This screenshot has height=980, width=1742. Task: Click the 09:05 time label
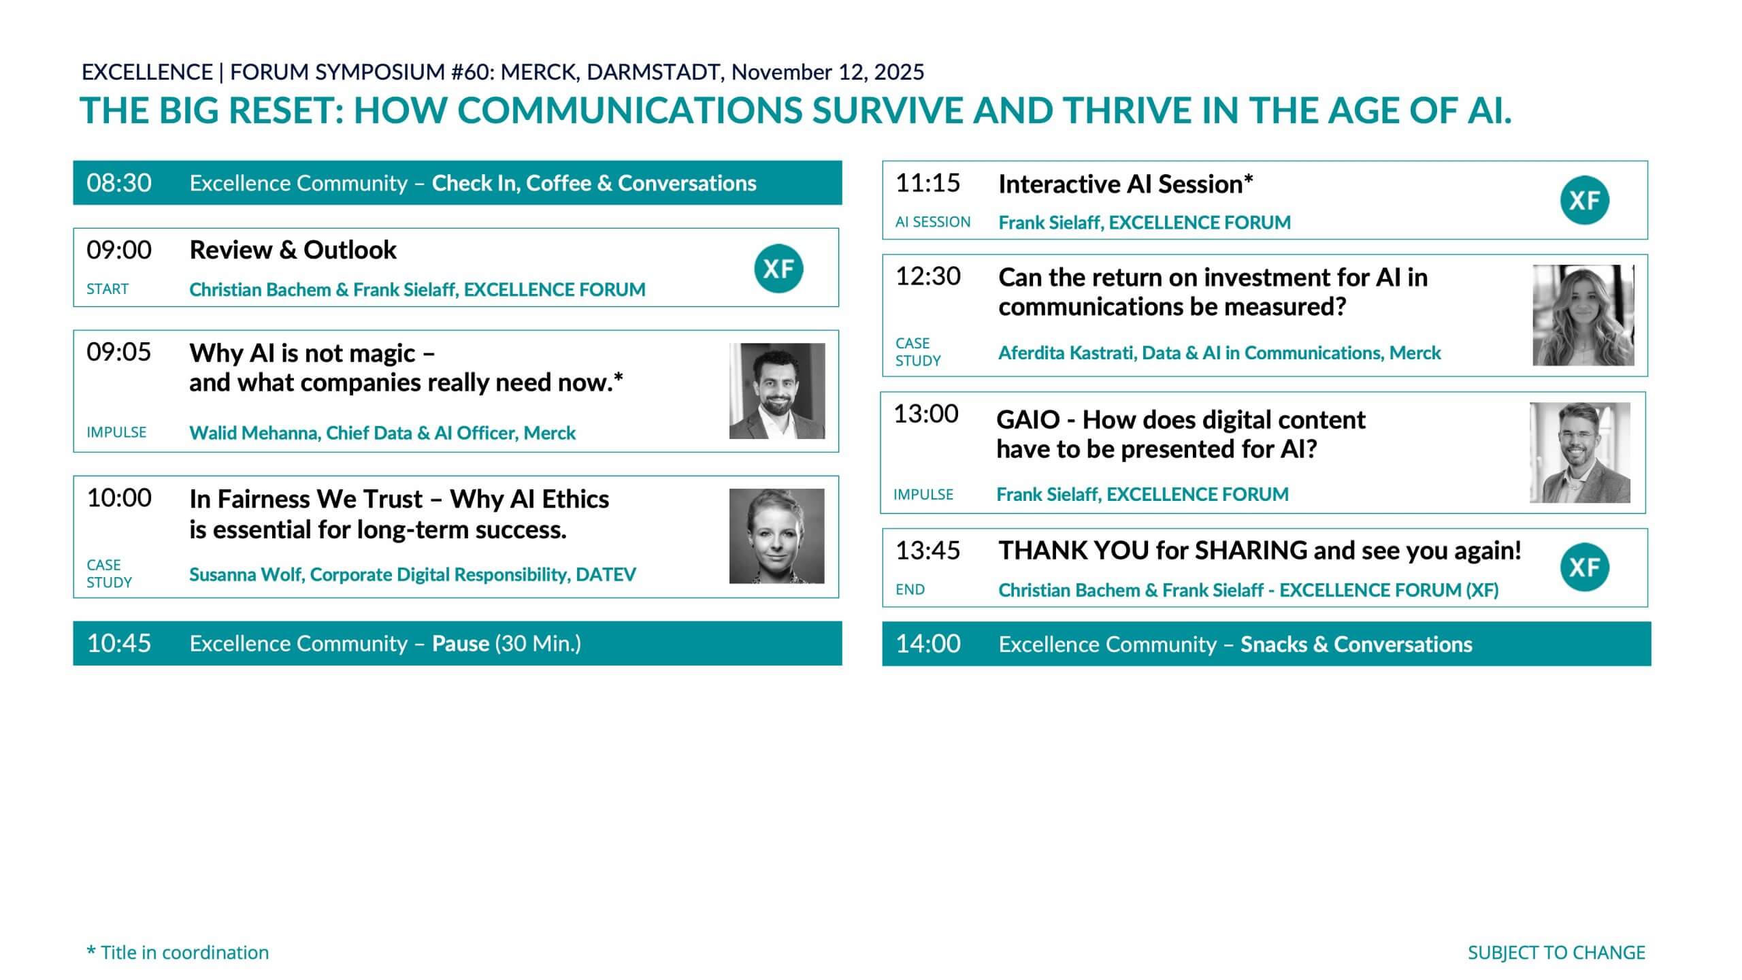point(118,352)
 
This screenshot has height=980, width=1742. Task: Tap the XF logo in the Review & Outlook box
point(778,268)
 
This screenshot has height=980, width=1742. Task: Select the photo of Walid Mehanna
point(777,391)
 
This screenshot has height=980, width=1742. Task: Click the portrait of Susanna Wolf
point(777,536)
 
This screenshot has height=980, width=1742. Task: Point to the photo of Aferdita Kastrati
point(1583,315)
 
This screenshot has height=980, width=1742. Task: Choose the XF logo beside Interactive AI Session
point(1585,200)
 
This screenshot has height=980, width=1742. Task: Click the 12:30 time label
point(928,276)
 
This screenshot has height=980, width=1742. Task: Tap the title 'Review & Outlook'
point(293,250)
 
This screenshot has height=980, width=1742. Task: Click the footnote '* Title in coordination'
point(178,952)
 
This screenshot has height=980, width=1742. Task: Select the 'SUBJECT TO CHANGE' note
point(1556,953)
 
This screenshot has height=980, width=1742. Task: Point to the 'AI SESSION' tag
point(933,222)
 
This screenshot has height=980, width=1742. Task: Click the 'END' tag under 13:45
point(910,589)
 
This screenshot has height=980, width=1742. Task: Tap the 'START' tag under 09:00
point(108,289)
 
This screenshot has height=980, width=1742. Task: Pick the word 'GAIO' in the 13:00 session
point(1028,420)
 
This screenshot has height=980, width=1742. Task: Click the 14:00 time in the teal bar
point(928,644)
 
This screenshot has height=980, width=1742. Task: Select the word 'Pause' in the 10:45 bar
point(461,644)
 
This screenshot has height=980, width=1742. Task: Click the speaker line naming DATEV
point(412,574)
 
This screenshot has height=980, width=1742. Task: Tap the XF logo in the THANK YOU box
point(1585,567)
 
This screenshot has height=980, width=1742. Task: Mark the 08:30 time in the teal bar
point(119,183)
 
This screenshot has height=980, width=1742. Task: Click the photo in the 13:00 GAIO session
point(1580,453)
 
